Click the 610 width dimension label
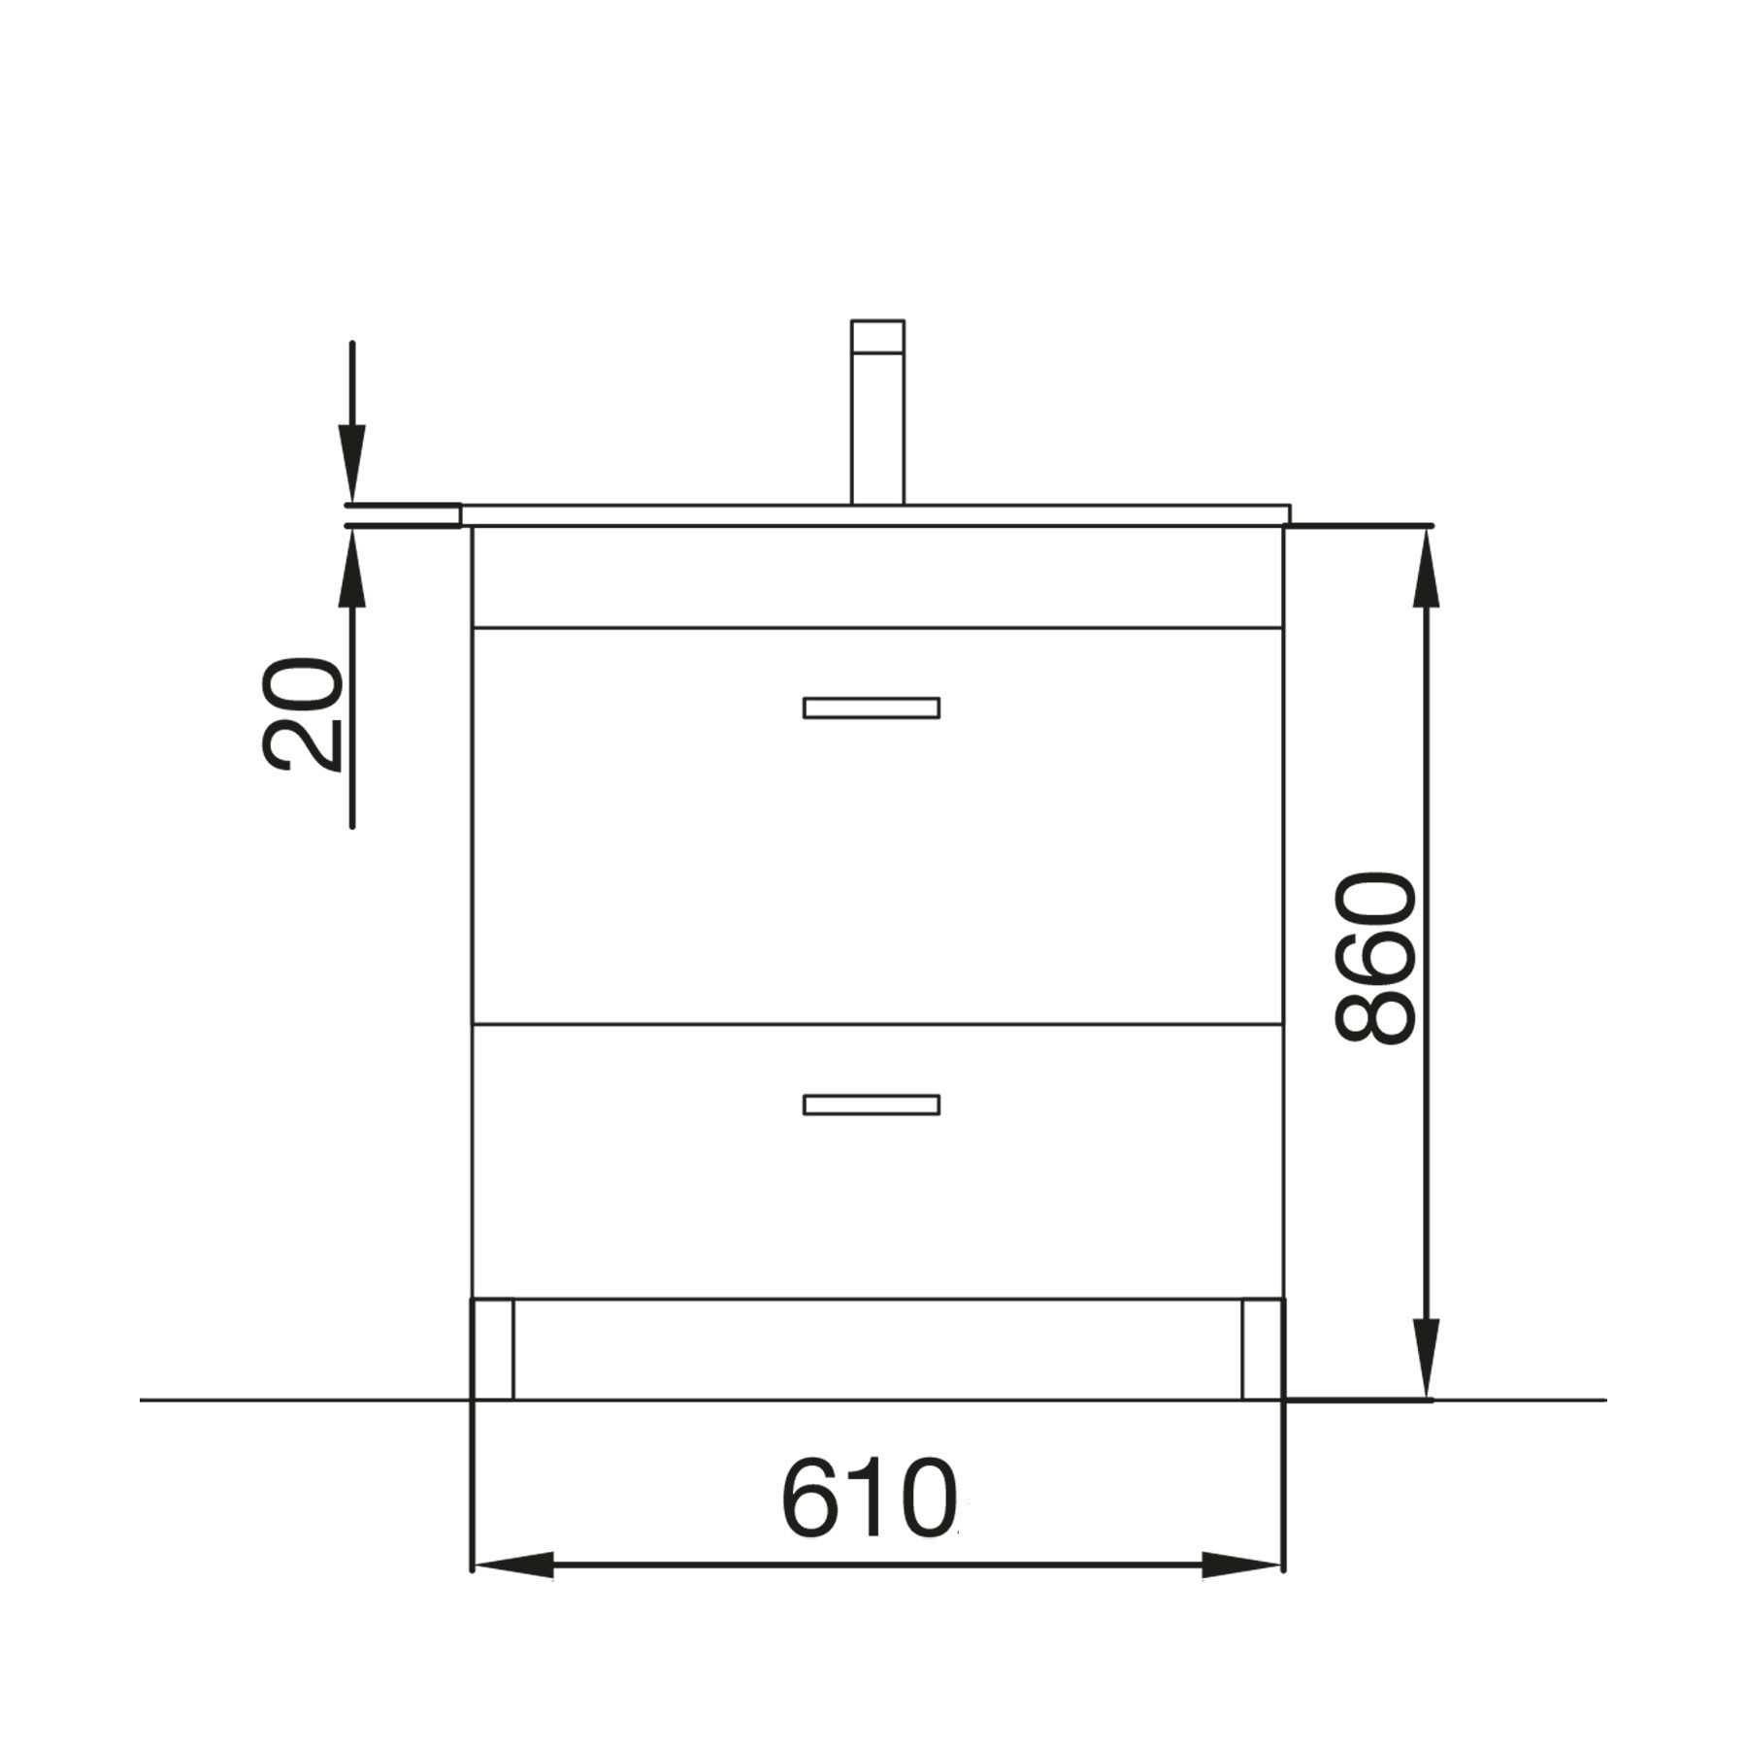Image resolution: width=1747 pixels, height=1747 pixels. pyautogui.click(x=868, y=1500)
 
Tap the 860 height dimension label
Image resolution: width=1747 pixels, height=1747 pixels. pyautogui.click(x=1376, y=958)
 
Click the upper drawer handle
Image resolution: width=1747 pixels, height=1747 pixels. pyautogui.click(x=871, y=708)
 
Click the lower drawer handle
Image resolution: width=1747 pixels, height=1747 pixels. pyautogui.click(x=871, y=1104)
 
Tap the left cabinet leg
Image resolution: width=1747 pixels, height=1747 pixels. pyautogui.click(x=493, y=1349)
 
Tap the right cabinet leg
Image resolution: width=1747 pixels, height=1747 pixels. pyautogui.click(x=1263, y=1349)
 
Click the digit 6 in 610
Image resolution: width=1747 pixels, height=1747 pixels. pyautogui.click(x=812, y=1500)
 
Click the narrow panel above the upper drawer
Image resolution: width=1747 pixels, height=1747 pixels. pyautogui.click(x=877, y=577)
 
